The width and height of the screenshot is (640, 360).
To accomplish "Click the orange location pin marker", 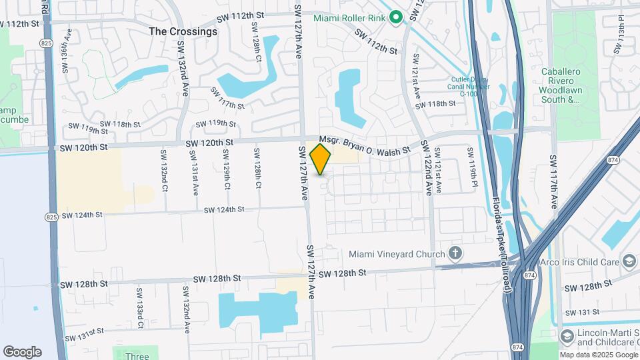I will tap(321, 159).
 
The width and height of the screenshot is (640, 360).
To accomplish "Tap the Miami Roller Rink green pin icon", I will tap(395, 17).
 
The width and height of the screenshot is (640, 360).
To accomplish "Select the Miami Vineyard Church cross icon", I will tap(455, 253).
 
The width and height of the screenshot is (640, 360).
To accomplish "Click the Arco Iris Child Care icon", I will tap(628, 260).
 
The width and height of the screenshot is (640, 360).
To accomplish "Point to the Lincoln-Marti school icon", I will tap(567, 334).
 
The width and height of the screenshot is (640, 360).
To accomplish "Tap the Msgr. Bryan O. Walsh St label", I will tap(364, 145).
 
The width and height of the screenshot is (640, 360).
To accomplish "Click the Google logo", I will tap(22, 351).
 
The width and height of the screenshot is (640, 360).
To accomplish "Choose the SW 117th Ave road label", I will tap(553, 182).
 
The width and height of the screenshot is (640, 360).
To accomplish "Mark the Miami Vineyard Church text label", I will tap(398, 254).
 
